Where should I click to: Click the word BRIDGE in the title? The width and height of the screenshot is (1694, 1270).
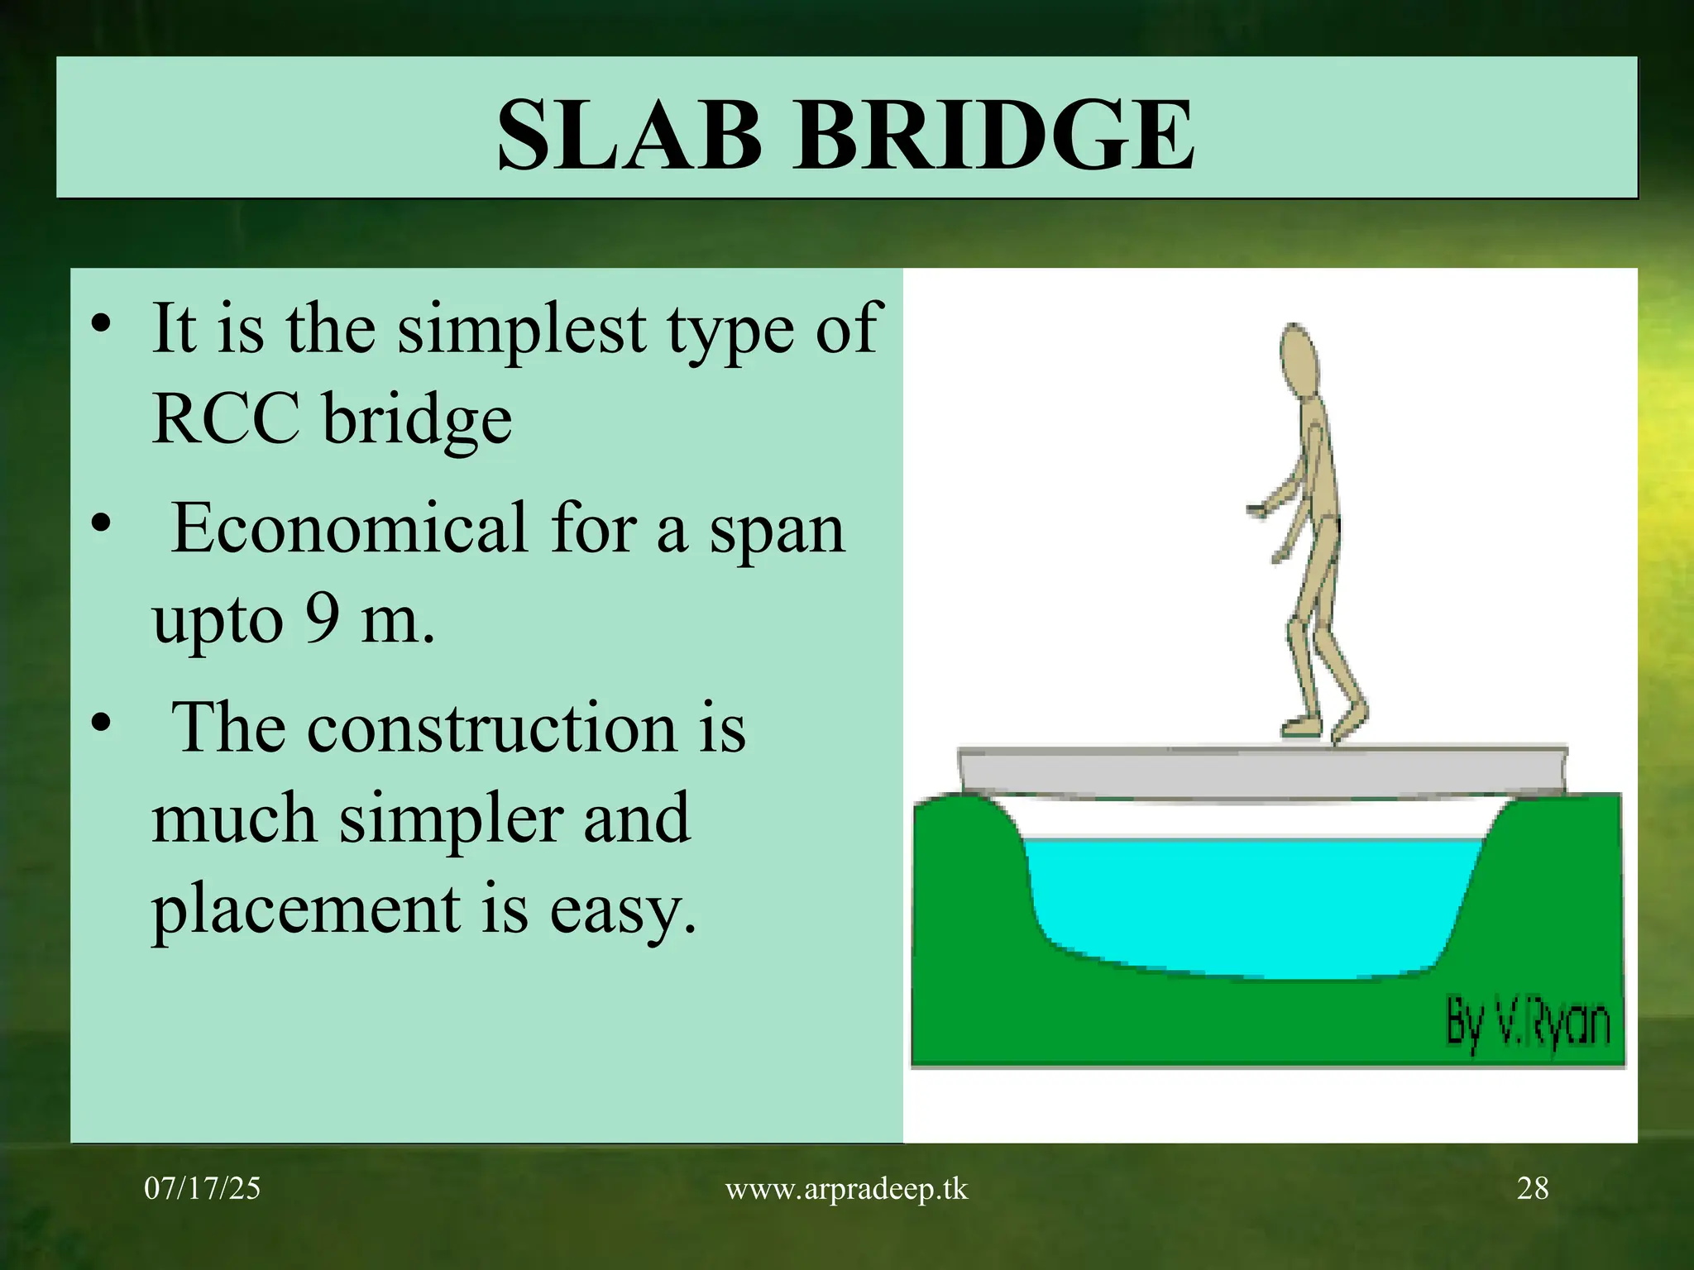[x=993, y=134]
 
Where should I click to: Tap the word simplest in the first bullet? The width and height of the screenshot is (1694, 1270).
[x=523, y=329]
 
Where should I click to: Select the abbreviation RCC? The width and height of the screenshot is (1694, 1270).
[x=225, y=418]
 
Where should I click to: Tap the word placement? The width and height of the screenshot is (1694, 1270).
[x=305, y=910]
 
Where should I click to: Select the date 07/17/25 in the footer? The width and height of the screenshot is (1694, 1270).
[x=202, y=1189]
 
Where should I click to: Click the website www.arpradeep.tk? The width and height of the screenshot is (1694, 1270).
[x=846, y=1189]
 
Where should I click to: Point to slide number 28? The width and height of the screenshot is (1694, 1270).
[x=1532, y=1189]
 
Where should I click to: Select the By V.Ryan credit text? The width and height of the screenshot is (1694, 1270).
[x=1527, y=1024]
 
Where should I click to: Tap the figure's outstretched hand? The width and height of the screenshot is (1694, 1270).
[x=1255, y=511]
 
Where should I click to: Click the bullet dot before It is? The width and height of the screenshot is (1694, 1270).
[x=101, y=326]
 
